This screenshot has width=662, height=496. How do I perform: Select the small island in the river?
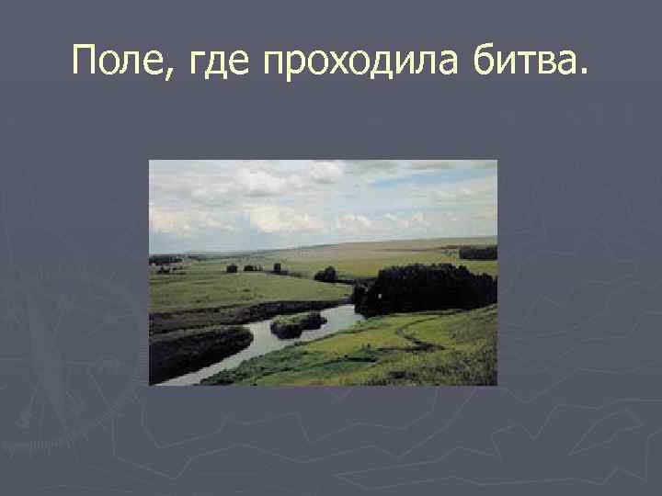(x=298, y=324)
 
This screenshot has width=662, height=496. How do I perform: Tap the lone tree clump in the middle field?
(x=325, y=275)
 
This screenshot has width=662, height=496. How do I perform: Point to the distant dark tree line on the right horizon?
(x=477, y=253)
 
